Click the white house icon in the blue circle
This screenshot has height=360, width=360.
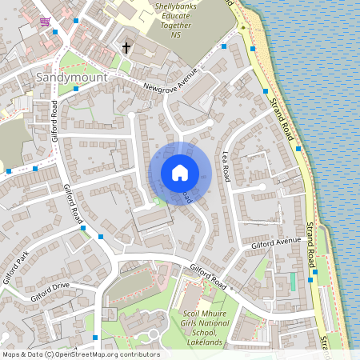click(180, 173)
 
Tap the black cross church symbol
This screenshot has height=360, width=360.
click(126, 49)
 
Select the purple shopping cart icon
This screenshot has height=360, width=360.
click(46, 22)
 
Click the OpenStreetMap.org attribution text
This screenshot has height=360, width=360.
click(107, 354)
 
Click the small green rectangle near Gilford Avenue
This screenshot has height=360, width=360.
click(293, 282)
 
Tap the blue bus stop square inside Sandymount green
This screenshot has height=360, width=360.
click(75, 89)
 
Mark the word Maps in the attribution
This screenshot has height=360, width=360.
click(12, 354)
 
